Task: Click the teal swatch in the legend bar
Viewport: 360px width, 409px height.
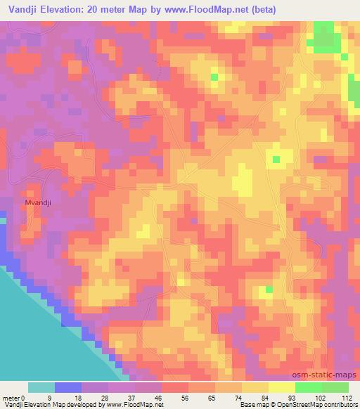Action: tap(41, 387)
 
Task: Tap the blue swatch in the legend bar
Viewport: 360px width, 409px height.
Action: tap(68, 387)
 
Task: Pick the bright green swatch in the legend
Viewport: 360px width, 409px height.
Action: tap(309, 387)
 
